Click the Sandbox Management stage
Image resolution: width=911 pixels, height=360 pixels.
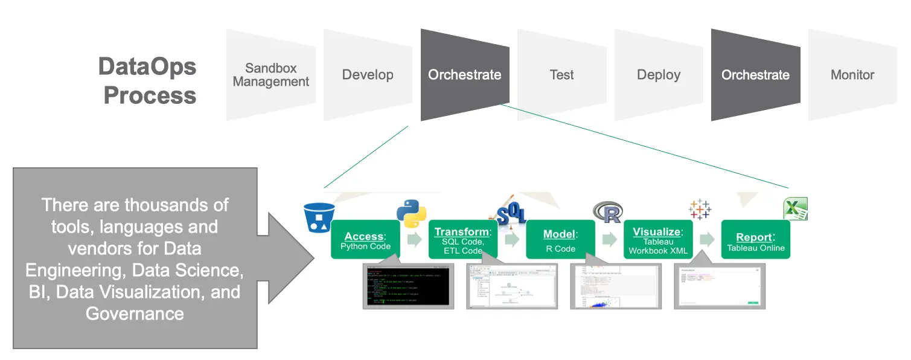pyautogui.click(x=271, y=75)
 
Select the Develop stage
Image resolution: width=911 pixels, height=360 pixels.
pyautogui.click(x=368, y=75)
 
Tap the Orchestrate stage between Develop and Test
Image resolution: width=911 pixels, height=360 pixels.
pyautogui.click(x=465, y=75)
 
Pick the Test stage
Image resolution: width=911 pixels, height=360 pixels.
pyautogui.click(x=561, y=75)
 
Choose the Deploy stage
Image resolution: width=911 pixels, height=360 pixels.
pyautogui.click(x=659, y=75)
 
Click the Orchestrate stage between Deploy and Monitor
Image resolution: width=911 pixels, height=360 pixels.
pyautogui.click(x=755, y=75)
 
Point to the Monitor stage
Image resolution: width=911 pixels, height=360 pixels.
pyautogui.click(x=852, y=75)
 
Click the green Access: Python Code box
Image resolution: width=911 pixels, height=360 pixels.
pyautogui.click(x=365, y=240)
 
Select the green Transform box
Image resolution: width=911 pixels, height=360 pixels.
pyautogui.click(x=463, y=240)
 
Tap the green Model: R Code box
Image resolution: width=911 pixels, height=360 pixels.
pyautogui.click(x=560, y=240)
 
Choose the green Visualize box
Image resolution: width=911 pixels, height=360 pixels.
pyautogui.click(x=658, y=240)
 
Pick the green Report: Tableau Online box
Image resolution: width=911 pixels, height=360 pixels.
pyautogui.click(x=756, y=240)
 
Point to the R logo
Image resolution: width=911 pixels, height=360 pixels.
pyautogui.click(x=607, y=212)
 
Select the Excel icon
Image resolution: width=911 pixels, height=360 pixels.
pyautogui.click(x=795, y=209)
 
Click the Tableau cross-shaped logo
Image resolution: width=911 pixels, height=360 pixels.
pyautogui.click(x=700, y=210)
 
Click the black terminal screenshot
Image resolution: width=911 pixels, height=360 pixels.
pyautogui.click(x=406, y=286)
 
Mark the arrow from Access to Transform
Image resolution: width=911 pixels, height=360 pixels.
pyautogui.click(x=414, y=240)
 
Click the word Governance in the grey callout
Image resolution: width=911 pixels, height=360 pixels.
pyautogui.click(x=135, y=313)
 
